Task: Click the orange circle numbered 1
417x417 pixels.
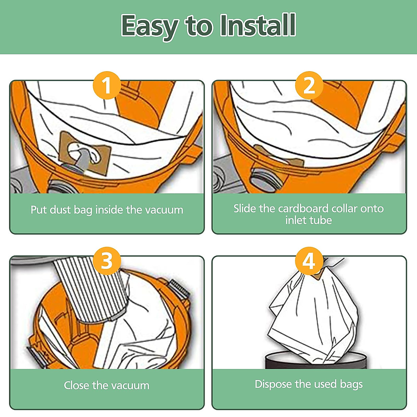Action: pyautogui.click(x=107, y=85)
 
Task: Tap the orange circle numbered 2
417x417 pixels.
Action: pyautogui.click(x=309, y=85)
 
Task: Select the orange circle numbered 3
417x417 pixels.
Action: pyautogui.click(x=107, y=261)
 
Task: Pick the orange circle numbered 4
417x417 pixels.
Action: pyautogui.click(x=309, y=261)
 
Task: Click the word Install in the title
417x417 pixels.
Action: pyautogui.click(x=258, y=25)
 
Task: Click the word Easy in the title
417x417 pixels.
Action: pyautogui.click(x=149, y=27)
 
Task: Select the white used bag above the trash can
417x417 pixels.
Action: pyautogui.click(x=313, y=316)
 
